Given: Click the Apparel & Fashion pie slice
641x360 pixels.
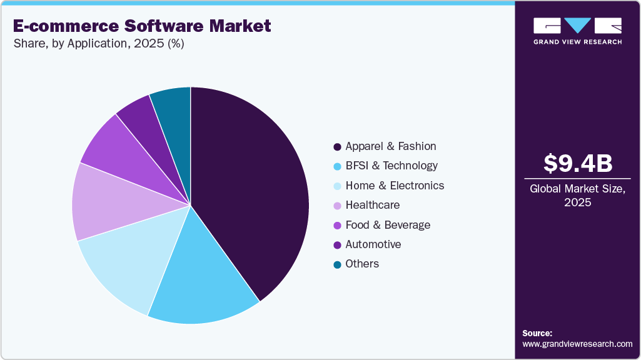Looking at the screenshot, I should [250, 187].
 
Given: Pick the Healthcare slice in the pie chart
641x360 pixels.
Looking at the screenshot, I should [106, 203].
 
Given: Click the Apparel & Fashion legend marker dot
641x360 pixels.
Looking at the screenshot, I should [338, 147].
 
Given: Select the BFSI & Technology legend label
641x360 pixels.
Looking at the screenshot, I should [391, 166].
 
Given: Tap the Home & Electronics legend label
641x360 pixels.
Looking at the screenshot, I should [395, 186].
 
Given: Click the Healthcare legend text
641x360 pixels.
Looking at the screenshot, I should [372, 205].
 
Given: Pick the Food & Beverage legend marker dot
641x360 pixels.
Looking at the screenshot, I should [338, 225].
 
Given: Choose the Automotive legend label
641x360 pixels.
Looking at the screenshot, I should [373, 244].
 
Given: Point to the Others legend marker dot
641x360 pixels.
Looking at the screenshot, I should [338, 264].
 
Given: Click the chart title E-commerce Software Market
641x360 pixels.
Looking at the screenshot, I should [142, 26].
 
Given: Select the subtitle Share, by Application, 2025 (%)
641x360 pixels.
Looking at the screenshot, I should [98, 44].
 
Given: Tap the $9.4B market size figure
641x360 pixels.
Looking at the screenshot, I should [577, 164].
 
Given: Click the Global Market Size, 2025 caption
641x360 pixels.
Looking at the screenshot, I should [577, 195].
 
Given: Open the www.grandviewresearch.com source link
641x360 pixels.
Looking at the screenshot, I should [577, 344].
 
